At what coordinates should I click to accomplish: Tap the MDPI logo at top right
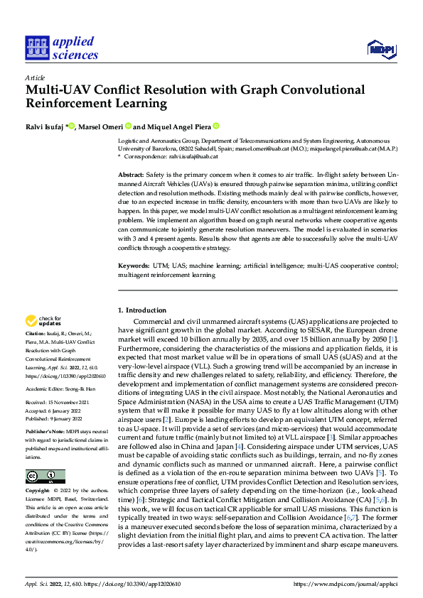(380, 48)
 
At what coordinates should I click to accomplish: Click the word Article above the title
(35, 77)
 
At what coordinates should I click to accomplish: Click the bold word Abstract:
(129, 175)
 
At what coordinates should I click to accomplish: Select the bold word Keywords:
(134, 265)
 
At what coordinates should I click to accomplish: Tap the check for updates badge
(44, 322)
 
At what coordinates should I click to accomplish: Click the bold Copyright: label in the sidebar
(38, 491)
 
